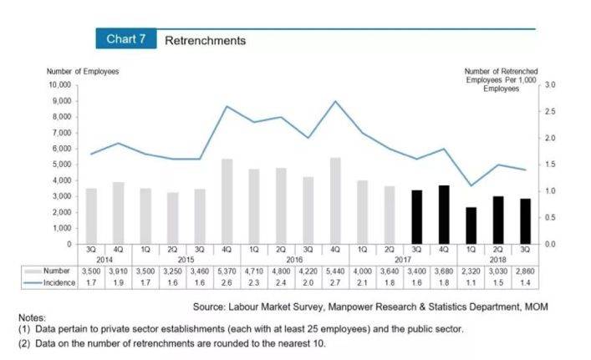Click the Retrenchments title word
coord(205,40)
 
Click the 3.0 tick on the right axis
coord(549,85)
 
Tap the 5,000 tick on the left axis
coord(60,165)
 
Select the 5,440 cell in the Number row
coord(335,271)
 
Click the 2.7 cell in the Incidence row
coord(335,284)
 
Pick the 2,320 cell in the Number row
coord(471,271)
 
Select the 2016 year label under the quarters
coord(294,259)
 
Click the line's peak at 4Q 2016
coord(335,101)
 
